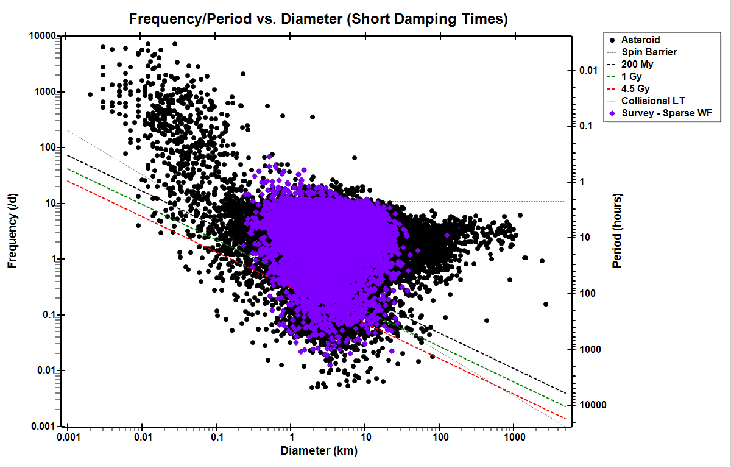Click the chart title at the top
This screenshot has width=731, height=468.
(318, 19)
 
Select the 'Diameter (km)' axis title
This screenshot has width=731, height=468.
(319, 451)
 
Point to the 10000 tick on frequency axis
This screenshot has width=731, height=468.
(43, 36)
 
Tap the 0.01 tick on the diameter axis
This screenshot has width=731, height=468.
(142, 437)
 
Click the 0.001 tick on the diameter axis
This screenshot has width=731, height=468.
(68, 437)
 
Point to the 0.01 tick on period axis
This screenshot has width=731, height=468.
(587, 71)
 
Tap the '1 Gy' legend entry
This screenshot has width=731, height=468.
(631, 76)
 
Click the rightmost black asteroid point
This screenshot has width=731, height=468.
(546, 304)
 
